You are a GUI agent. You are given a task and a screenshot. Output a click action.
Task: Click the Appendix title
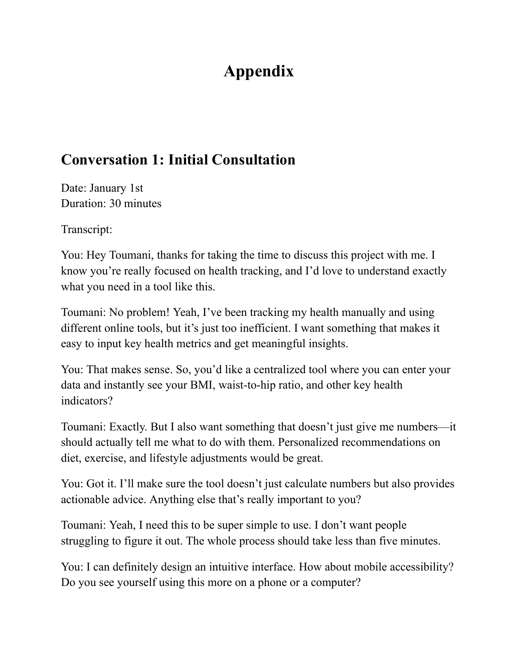(258, 71)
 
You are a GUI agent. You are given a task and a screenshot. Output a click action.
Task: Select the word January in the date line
(108, 188)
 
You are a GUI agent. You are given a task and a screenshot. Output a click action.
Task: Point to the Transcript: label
(87, 229)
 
